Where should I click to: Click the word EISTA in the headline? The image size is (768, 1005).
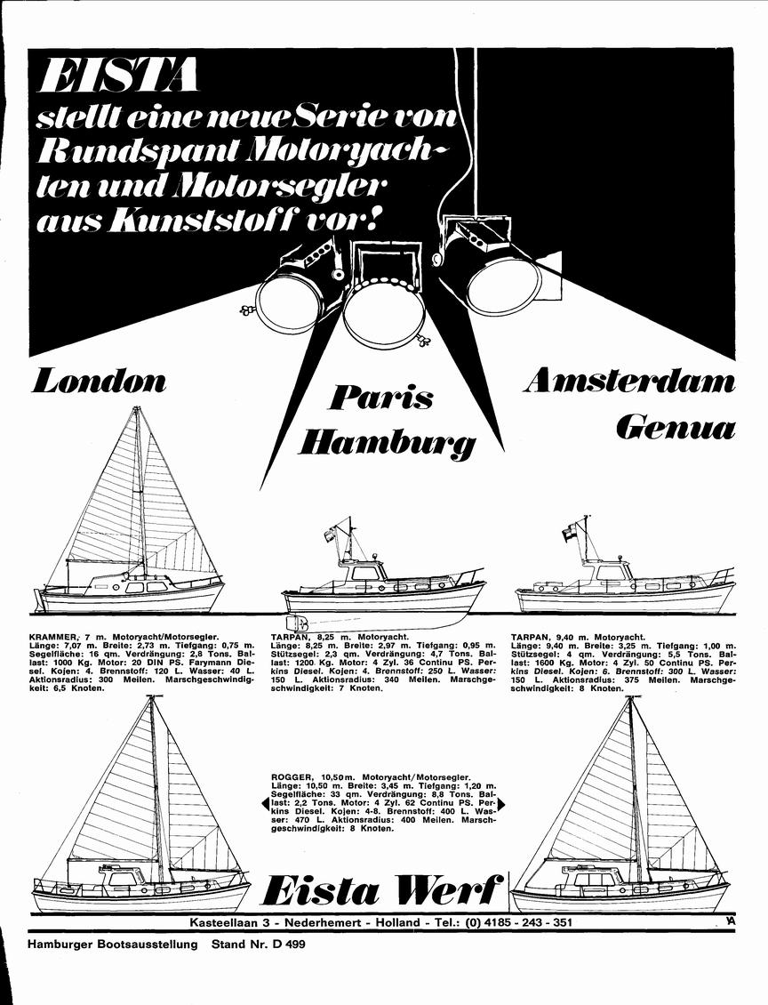[x=118, y=76]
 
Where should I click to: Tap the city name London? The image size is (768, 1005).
[x=99, y=381]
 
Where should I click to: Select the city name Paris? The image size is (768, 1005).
[x=381, y=398]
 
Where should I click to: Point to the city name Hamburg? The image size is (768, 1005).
[x=388, y=442]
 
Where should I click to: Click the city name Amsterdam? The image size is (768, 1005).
[x=629, y=382]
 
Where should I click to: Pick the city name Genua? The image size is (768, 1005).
[x=676, y=428]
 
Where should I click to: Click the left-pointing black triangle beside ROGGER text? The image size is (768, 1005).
[x=264, y=803]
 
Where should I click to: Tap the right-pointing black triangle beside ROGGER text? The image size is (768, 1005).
[x=501, y=803]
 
